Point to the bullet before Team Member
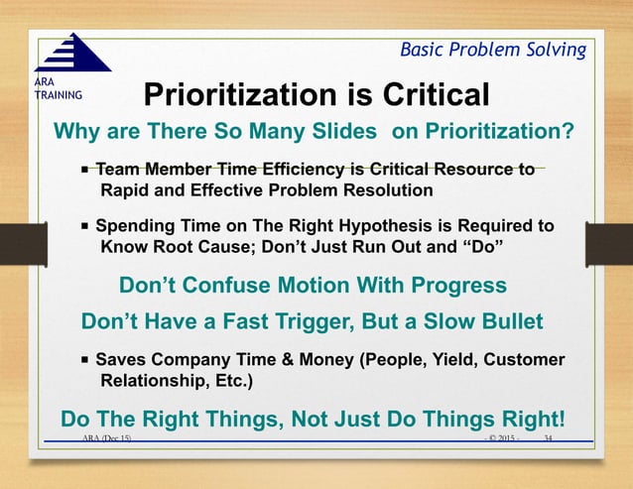[86, 171]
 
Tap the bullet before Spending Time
[86, 227]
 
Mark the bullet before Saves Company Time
[86, 360]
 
